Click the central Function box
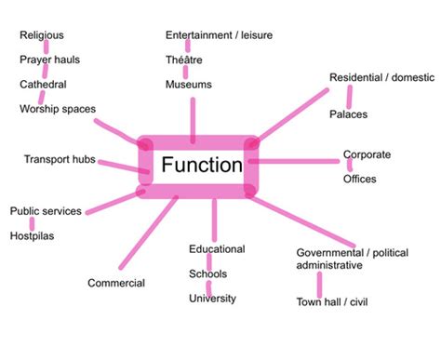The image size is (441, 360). [201, 167]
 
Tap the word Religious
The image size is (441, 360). [42, 35]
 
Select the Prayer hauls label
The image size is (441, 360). [50, 60]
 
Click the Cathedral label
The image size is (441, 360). [43, 85]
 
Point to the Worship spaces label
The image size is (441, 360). [58, 109]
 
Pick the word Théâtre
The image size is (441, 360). [184, 60]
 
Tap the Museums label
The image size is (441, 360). [189, 85]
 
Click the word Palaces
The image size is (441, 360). [349, 114]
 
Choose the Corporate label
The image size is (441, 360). [367, 154]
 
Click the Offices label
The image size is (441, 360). [359, 179]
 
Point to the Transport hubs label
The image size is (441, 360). [60, 160]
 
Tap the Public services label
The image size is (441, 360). [46, 211]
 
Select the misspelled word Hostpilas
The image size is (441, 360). [33, 236]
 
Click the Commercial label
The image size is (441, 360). [116, 283]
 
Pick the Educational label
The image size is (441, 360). [217, 249]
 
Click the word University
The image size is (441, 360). [212, 299]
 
